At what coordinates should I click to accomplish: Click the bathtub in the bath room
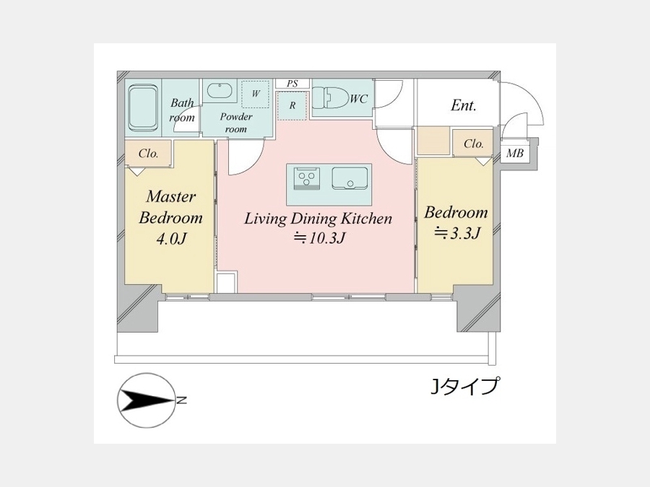(144, 108)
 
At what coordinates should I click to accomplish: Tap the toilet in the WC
(329, 98)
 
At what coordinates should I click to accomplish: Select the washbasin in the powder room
(222, 92)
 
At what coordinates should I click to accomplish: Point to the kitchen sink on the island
(350, 178)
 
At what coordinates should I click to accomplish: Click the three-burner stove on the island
(307, 178)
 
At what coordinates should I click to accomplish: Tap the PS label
(292, 84)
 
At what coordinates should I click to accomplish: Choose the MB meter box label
(514, 154)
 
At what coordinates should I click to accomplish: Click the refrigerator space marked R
(292, 105)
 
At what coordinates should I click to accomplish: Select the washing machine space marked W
(256, 94)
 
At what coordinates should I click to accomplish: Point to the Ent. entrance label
(464, 105)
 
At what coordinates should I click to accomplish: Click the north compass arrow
(147, 401)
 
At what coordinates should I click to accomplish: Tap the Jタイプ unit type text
(464, 386)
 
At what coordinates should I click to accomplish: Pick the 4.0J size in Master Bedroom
(170, 239)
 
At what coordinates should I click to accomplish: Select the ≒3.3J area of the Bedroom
(457, 233)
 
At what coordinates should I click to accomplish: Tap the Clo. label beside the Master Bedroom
(148, 154)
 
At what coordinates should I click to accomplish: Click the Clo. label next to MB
(473, 144)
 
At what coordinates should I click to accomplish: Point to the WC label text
(358, 99)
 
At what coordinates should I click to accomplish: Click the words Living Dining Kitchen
(318, 218)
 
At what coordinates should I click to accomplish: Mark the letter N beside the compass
(181, 400)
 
